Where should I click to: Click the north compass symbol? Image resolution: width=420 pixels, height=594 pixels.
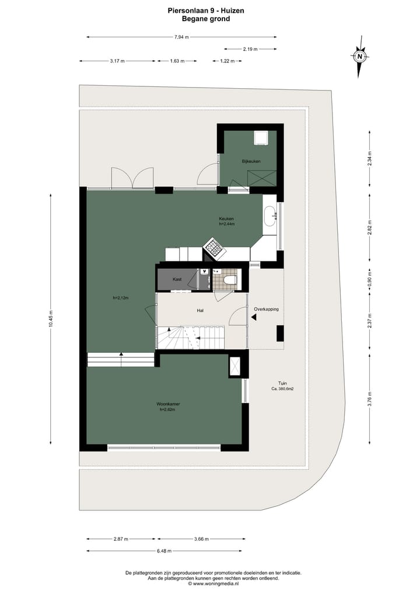pos(360,57)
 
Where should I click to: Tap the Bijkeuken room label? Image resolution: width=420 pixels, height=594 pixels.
pos(251,161)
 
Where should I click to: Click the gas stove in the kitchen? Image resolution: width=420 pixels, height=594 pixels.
pos(212,248)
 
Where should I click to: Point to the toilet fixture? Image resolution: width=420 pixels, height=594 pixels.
pos(230,280)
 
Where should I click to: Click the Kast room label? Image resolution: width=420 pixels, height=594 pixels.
pos(177,279)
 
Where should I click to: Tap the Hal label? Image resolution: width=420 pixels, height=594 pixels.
pos(199,311)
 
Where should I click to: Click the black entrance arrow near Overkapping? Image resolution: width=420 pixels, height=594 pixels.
pos(254,317)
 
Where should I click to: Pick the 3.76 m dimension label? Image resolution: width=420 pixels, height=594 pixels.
pos(369,401)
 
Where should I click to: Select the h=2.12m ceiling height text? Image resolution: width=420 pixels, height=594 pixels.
pos(120,298)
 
